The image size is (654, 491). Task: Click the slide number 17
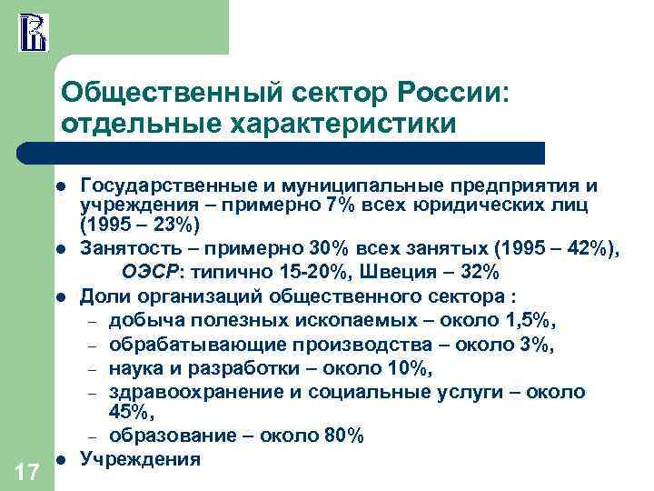(x=26, y=471)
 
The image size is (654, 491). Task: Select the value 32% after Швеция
(x=478, y=271)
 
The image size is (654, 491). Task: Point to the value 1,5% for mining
(x=530, y=320)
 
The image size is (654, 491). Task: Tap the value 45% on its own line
(x=130, y=414)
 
